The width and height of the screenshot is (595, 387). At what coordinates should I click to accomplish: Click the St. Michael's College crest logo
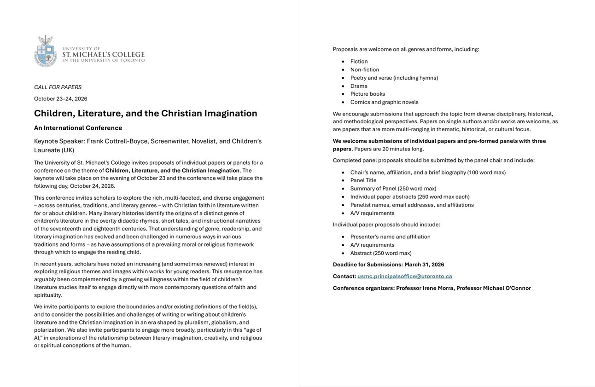(46, 51)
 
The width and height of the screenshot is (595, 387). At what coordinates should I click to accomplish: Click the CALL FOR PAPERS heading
(58, 87)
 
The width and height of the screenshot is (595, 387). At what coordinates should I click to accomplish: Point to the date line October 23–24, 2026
(60, 98)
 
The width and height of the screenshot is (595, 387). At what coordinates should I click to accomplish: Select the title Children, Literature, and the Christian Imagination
(146, 113)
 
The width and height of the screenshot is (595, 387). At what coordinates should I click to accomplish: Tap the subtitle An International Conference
(78, 128)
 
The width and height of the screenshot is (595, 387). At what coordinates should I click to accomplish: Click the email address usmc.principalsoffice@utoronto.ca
(404, 276)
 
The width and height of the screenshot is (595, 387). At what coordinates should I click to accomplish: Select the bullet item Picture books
(367, 94)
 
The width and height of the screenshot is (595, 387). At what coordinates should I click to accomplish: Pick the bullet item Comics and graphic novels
(384, 102)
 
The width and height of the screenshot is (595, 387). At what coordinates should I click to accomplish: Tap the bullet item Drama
(359, 86)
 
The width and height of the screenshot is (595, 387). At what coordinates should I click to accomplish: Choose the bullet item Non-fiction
(365, 69)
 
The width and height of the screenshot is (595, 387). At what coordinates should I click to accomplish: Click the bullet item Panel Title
(363, 180)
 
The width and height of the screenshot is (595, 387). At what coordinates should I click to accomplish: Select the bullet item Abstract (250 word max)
(381, 253)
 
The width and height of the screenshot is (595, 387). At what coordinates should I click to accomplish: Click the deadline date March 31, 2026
(424, 265)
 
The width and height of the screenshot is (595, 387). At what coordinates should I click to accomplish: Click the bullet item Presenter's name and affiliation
(390, 237)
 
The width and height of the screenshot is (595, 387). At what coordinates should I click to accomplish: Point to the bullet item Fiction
(359, 61)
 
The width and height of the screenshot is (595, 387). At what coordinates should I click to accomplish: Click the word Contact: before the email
(344, 276)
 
